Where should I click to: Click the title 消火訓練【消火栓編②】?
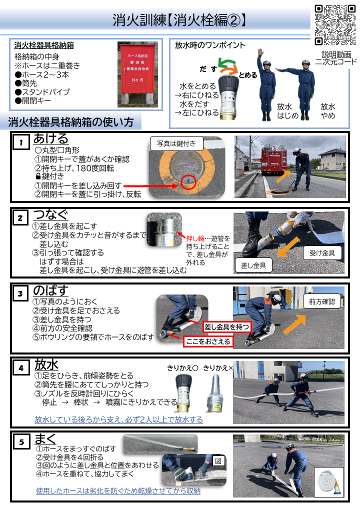click(x=179, y=19)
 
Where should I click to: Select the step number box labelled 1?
click(x=21, y=143)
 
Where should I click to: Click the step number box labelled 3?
click(x=20, y=293)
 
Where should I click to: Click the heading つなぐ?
click(x=50, y=214)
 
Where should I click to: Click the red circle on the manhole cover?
click(x=188, y=182)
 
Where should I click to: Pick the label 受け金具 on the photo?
click(x=322, y=253)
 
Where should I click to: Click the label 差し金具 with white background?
click(x=253, y=265)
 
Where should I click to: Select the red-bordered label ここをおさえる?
click(x=208, y=341)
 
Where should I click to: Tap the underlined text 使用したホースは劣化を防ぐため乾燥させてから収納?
click(x=118, y=491)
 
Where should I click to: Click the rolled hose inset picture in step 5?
click(x=328, y=482)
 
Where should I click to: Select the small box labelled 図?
click(x=217, y=460)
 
